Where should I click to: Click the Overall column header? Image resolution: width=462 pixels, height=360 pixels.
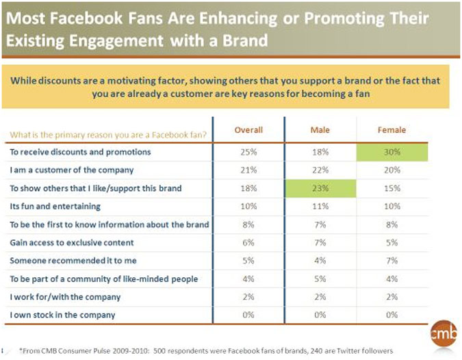coord(248,130)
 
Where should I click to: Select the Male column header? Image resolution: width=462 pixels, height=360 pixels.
coord(320,130)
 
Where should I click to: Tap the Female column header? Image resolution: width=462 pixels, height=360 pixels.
coord(392,130)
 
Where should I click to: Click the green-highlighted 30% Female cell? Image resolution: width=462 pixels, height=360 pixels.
coord(392,152)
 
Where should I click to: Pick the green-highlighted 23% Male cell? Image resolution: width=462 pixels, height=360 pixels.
coord(320,188)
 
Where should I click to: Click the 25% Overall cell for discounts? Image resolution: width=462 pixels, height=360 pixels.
coord(248,152)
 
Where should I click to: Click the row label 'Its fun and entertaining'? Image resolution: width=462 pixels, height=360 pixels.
coord(55,206)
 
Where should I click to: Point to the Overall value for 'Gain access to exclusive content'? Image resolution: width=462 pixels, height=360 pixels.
coord(248,242)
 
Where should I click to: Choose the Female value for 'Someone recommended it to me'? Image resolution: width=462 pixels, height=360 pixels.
coord(392,260)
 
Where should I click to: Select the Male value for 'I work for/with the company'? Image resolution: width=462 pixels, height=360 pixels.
coord(320,296)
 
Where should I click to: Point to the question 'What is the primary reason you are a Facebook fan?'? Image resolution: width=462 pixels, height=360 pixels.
coord(107,133)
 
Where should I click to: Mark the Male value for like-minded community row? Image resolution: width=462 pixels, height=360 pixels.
coord(320,279)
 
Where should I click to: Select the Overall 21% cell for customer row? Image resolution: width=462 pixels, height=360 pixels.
coord(248,170)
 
